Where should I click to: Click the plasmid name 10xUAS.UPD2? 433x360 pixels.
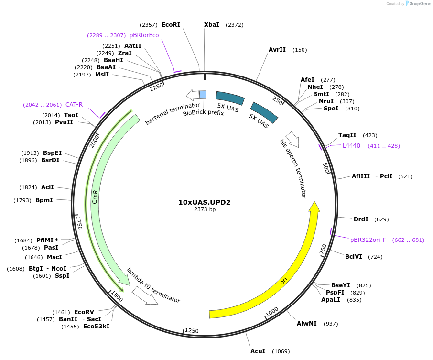205,202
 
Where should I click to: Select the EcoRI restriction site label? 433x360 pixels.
171,24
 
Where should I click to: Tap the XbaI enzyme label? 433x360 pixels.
212,24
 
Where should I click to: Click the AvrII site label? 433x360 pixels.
277,50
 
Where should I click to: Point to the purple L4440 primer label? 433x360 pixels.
351,146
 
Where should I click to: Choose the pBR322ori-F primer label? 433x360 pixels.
368,240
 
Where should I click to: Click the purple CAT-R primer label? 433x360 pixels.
74,105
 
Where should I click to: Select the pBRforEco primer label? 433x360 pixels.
144,35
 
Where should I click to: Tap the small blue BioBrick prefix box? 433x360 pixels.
203,95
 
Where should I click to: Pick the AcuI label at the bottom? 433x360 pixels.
258,351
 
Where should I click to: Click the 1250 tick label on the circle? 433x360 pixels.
192,331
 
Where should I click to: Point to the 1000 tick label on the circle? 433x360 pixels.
272,312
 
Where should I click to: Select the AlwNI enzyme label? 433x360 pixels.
307,324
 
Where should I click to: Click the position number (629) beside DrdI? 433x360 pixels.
381,219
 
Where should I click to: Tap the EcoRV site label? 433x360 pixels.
84,312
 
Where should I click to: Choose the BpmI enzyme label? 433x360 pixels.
44,200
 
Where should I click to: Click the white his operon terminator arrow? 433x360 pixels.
292,139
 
